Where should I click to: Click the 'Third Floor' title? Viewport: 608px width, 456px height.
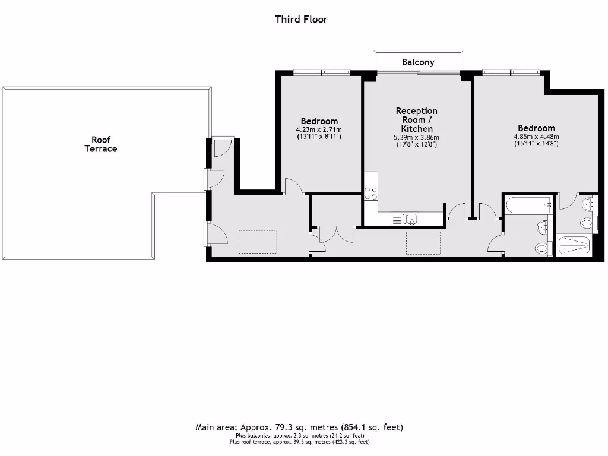[x=301, y=19]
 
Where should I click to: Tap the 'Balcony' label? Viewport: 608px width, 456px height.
[x=418, y=62]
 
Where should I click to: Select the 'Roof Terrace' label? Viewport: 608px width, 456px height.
[x=100, y=144]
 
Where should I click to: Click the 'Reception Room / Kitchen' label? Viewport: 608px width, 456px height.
[x=417, y=119]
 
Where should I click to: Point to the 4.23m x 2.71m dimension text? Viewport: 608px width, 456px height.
[x=319, y=129]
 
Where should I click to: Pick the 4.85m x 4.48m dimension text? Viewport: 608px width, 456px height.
[x=536, y=137]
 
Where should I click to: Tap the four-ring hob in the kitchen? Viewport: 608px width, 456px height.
[x=372, y=193]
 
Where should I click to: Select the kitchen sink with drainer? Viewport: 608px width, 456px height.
[x=405, y=219]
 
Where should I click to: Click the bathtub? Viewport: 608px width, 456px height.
[x=529, y=205]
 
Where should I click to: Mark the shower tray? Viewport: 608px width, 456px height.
[x=574, y=245]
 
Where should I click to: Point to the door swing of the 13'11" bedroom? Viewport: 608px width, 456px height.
[x=293, y=186]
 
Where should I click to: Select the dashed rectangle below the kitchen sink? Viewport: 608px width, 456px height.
[x=423, y=243]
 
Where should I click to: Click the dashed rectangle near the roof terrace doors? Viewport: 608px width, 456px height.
[x=258, y=242]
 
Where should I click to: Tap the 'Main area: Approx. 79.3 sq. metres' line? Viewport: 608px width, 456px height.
[x=299, y=427]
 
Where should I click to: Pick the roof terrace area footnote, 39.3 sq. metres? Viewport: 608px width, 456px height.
[x=299, y=442]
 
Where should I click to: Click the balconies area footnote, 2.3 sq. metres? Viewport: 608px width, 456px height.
[x=299, y=435]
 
